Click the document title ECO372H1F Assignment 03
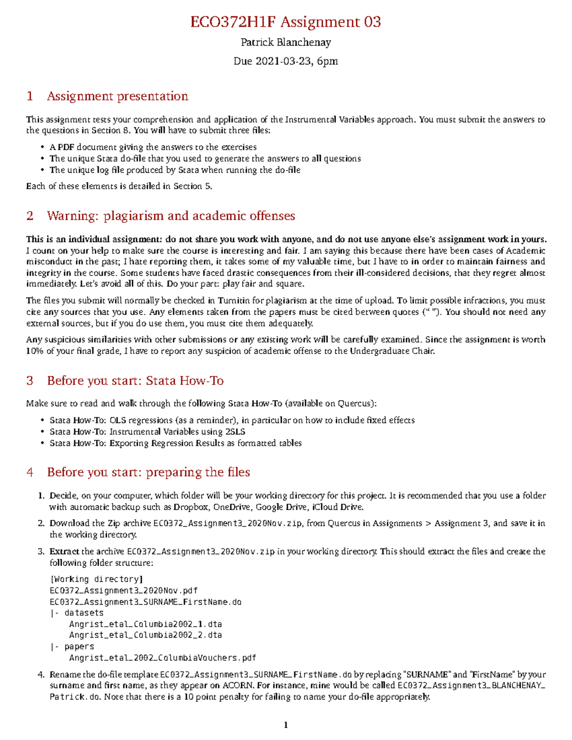286,22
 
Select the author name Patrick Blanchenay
286,42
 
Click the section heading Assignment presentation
117,96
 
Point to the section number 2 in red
30,216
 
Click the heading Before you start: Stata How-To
135,381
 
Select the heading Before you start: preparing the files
148,472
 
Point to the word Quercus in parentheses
355,404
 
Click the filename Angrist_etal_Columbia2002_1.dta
145,624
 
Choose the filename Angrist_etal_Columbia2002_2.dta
145,635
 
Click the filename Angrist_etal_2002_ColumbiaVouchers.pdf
163,658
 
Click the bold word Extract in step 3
64,552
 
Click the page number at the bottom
286,725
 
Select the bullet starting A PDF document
153,147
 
